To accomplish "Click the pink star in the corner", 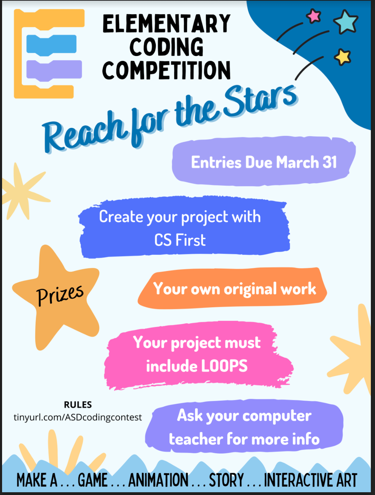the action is tap(314, 16).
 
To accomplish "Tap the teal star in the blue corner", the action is tap(346, 22).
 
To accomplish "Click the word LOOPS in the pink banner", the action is tap(224, 366).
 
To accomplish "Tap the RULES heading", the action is tap(78, 404).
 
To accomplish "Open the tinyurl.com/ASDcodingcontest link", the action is tap(78, 417).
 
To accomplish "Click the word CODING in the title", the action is tap(166, 47).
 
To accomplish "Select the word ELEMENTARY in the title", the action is tap(166, 23).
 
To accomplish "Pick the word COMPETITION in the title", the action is tap(166, 70).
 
